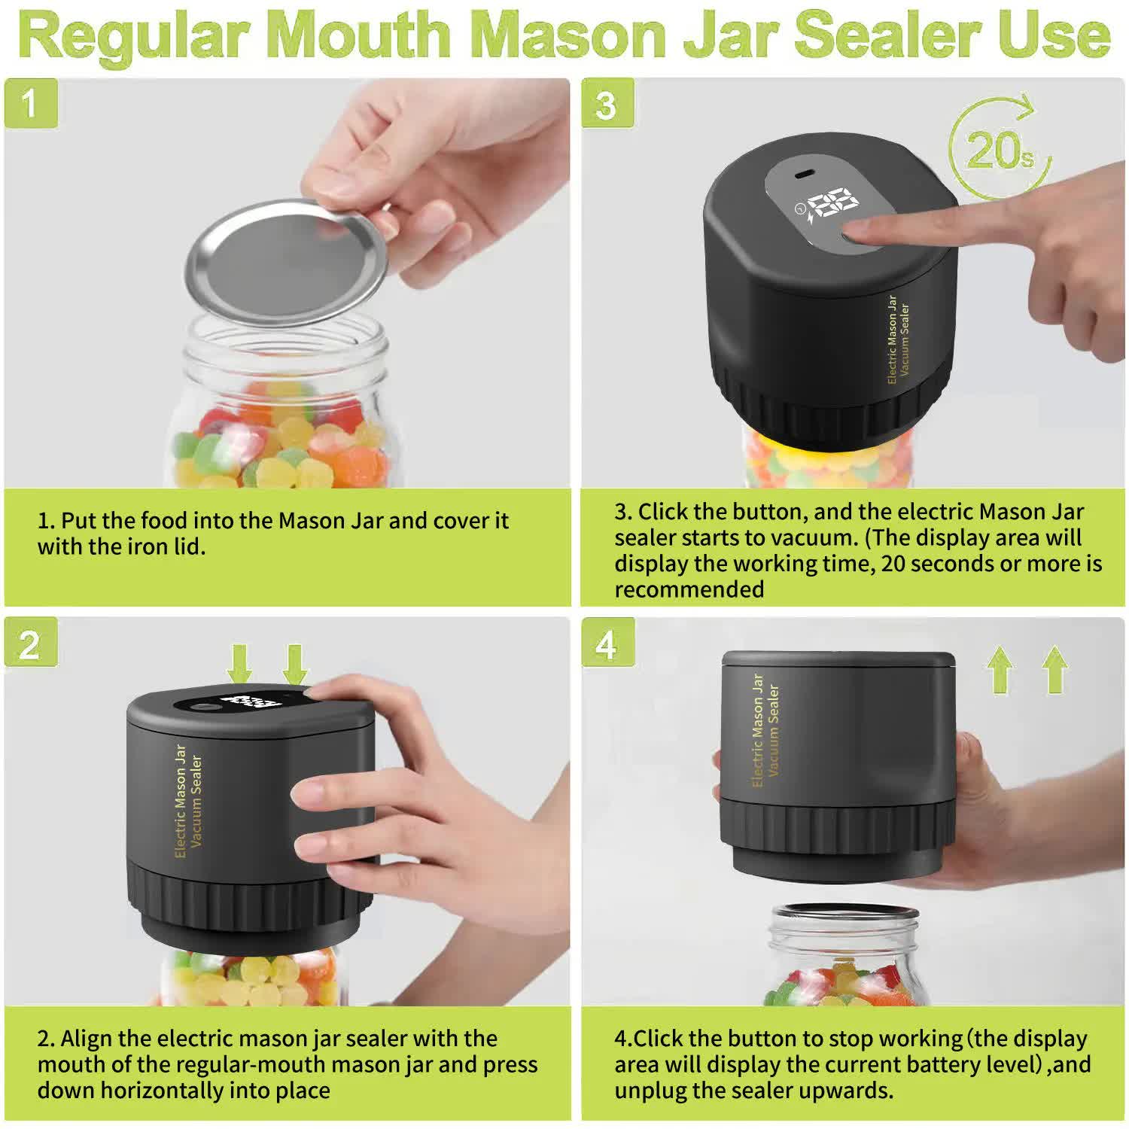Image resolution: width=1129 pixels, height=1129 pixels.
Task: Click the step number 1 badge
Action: tap(30, 103)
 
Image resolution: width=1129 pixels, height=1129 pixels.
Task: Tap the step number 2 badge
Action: tap(30, 645)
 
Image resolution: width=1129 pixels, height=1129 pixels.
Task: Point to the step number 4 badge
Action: tap(607, 645)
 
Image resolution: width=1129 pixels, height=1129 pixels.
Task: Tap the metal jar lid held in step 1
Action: tap(286, 260)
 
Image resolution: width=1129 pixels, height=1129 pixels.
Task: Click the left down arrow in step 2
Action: tap(240, 662)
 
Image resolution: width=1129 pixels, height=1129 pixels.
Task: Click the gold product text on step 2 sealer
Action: tap(188, 802)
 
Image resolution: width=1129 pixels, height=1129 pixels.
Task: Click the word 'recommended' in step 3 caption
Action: tap(689, 589)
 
